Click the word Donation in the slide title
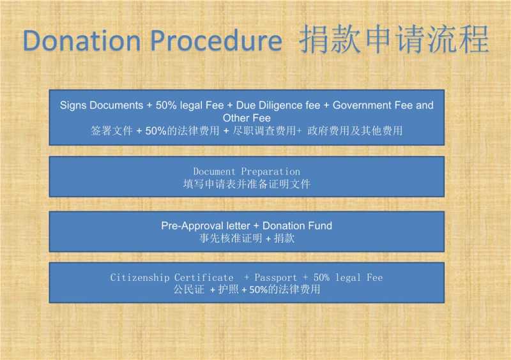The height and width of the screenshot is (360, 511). tap(82, 40)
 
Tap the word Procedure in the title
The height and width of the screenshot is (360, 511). tap(216, 41)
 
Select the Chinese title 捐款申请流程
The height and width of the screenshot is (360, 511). tap(394, 39)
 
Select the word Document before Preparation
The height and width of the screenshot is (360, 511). tap(214, 171)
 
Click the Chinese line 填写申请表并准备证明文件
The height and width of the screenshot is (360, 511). tap(247, 184)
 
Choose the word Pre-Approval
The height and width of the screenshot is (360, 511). tap(192, 226)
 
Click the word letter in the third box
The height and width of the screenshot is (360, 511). tap(238, 225)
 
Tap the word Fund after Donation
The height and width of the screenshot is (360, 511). tap(320, 225)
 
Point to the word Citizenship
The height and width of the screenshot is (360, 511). tap(139, 278)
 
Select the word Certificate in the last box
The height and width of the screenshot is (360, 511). tap(204, 278)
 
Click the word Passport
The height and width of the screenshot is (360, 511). tap(276, 278)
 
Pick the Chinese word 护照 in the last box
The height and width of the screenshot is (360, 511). tap(228, 289)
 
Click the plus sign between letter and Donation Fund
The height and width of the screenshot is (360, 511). tap(256, 226)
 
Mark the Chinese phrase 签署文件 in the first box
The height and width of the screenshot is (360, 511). tap(111, 131)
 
